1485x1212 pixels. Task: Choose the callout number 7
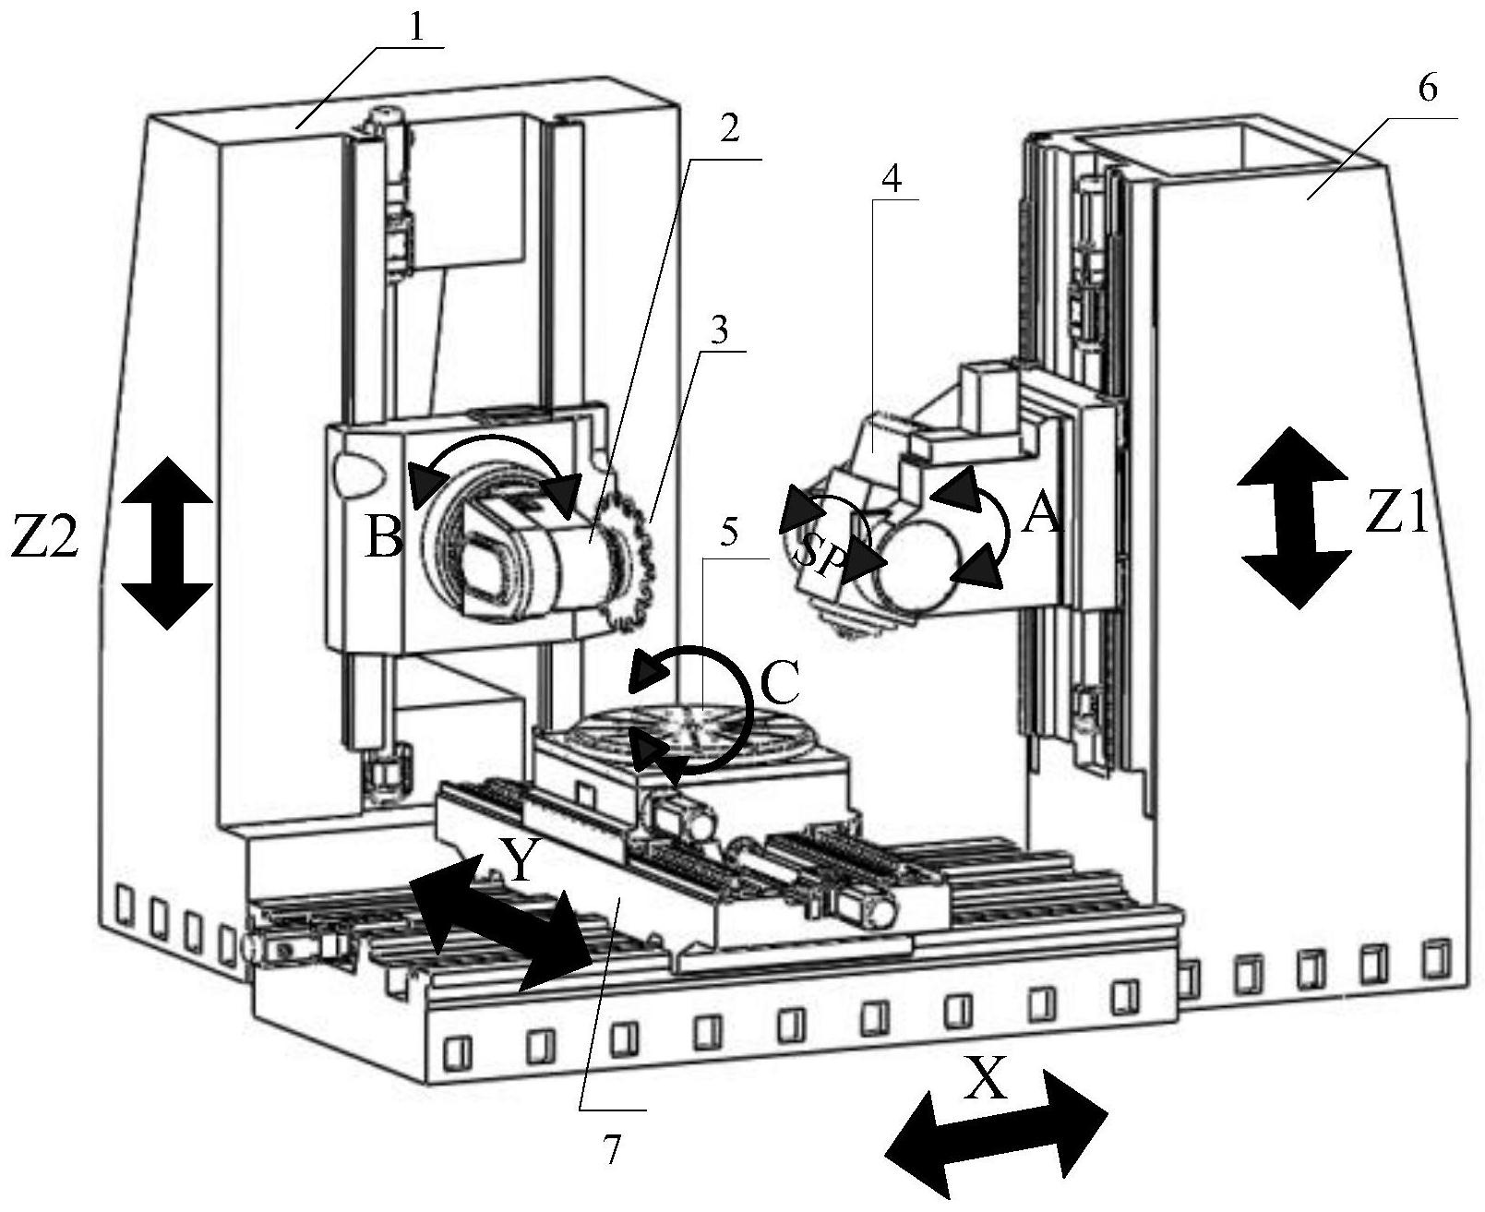(x=610, y=1148)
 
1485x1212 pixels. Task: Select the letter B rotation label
(x=385, y=537)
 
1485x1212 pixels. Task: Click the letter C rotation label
(x=778, y=684)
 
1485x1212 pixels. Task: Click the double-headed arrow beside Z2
(x=167, y=543)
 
